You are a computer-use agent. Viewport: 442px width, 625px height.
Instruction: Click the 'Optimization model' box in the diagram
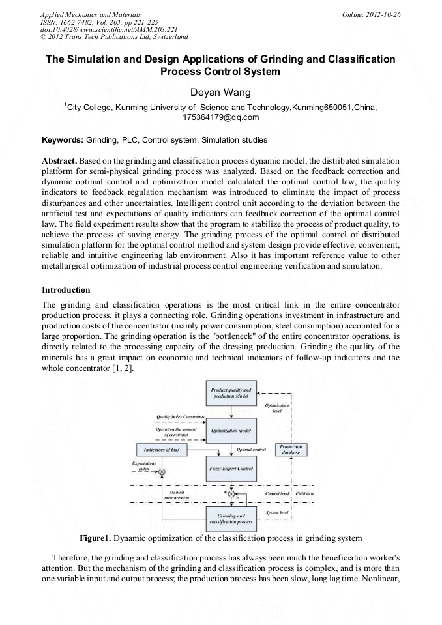pos(231,430)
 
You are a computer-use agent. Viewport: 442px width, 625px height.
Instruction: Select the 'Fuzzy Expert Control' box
pos(231,469)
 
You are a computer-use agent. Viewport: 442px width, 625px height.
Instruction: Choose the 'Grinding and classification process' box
pos(231,519)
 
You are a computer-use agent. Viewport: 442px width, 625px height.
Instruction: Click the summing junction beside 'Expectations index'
pos(162,471)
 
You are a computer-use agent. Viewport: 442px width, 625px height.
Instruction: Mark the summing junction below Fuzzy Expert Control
pos(231,495)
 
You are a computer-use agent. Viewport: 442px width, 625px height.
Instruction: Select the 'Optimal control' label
pos(251,450)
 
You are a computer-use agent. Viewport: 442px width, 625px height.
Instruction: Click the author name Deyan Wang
pos(220,93)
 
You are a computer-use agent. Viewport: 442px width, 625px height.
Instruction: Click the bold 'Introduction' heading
pos(66,289)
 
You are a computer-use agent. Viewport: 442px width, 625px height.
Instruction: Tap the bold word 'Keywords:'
pos(63,140)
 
